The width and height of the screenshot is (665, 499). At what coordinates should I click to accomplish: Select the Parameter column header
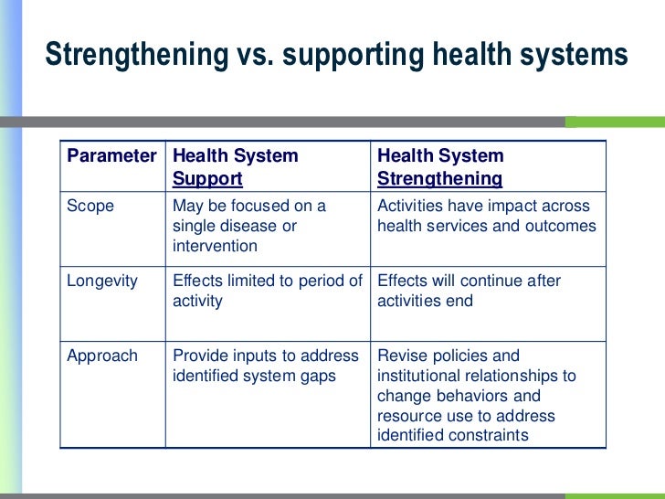(111, 156)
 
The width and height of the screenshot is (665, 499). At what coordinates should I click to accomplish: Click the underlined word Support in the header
(207, 178)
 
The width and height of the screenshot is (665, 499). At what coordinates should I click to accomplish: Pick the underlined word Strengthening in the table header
(439, 178)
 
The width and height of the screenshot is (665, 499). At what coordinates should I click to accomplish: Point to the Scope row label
(90, 206)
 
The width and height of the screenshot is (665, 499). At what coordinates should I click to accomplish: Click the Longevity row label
(101, 281)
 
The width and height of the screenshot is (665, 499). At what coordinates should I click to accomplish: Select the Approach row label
(101, 356)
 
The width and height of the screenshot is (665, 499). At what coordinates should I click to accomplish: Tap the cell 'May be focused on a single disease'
(249, 226)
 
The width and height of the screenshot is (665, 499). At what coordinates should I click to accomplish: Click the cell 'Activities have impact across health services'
(485, 216)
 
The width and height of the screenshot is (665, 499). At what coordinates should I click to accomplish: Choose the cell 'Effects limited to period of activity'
(267, 291)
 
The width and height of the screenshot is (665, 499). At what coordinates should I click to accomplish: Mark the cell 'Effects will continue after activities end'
(468, 291)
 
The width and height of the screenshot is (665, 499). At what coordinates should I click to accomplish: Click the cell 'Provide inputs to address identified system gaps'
(267, 366)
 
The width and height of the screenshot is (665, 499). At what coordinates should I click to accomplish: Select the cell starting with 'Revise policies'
(476, 396)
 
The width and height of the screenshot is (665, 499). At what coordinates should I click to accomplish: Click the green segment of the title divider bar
(614, 122)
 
